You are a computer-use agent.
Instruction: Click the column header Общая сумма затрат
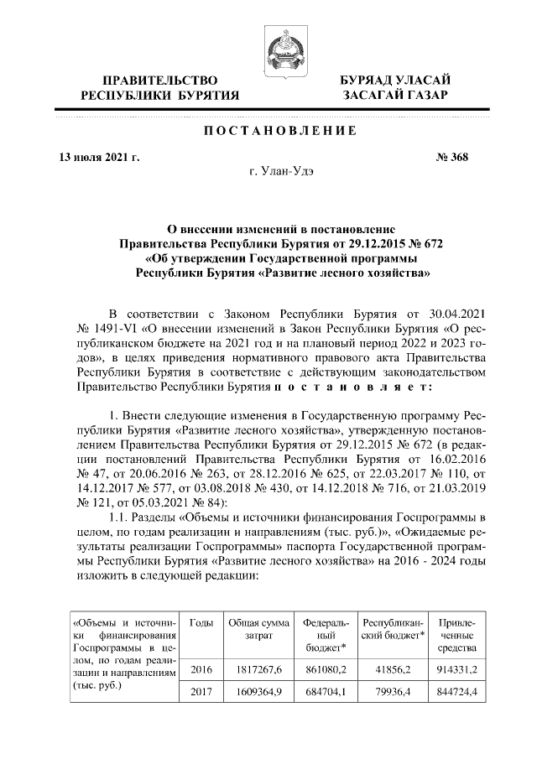point(259,630)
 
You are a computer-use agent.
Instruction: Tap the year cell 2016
point(201,669)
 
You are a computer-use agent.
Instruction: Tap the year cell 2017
point(201,693)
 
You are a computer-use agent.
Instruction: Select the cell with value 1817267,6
point(259,669)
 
